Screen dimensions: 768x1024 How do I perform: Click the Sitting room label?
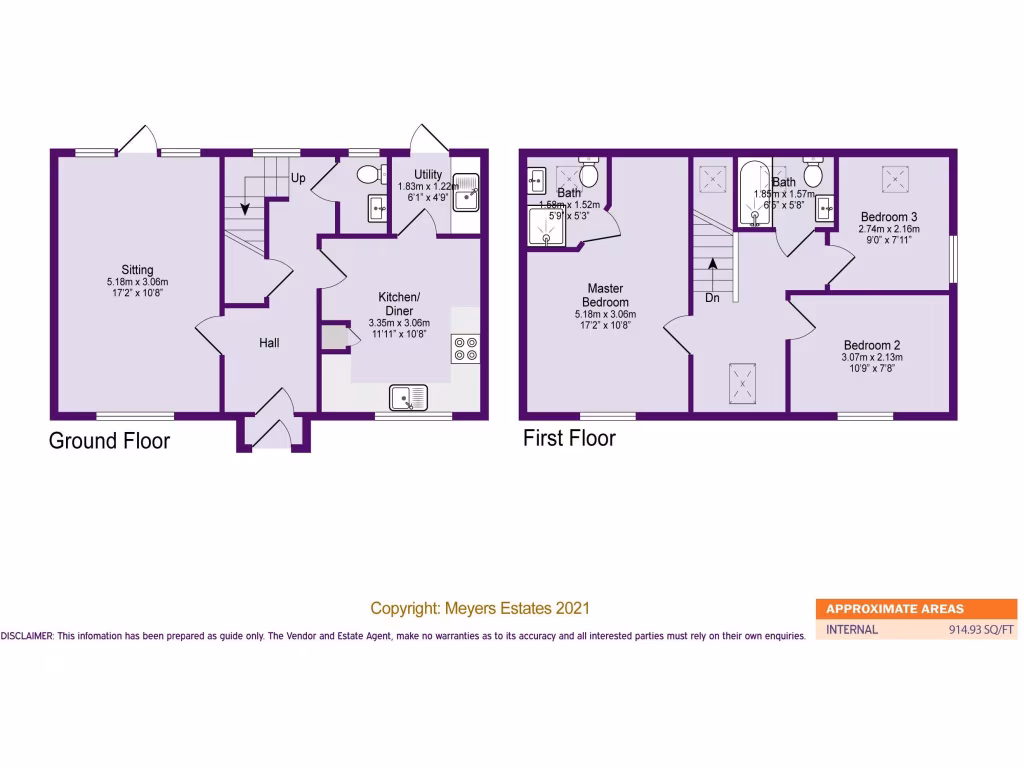[x=137, y=270]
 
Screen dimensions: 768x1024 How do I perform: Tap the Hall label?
[x=269, y=343]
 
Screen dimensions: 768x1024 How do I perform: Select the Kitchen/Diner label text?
[x=399, y=303]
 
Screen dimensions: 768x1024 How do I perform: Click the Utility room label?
[x=428, y=174]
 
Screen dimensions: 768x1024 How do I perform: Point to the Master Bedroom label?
[x=606, y=295]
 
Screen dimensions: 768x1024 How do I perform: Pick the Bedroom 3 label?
[x=888, y=217]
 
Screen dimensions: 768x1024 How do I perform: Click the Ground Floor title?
[x=109, y=441]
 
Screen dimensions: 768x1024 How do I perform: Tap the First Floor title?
[x=569, y=438]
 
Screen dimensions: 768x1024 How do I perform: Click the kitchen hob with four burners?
[x=465, y=348]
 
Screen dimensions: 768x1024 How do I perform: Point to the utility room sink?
[x=468, y=198]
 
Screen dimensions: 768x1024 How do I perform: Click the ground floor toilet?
[x=369, y=175]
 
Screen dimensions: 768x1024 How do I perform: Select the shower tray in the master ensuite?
[x=546, y=228]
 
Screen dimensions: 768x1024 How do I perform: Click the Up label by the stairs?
[x=298, y=178]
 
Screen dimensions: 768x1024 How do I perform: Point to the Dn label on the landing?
[x=712, y=297]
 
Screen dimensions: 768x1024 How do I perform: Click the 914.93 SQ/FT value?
[x=981, y=630]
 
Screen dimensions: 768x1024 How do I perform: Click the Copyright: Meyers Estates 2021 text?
[x=480, y=608]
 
